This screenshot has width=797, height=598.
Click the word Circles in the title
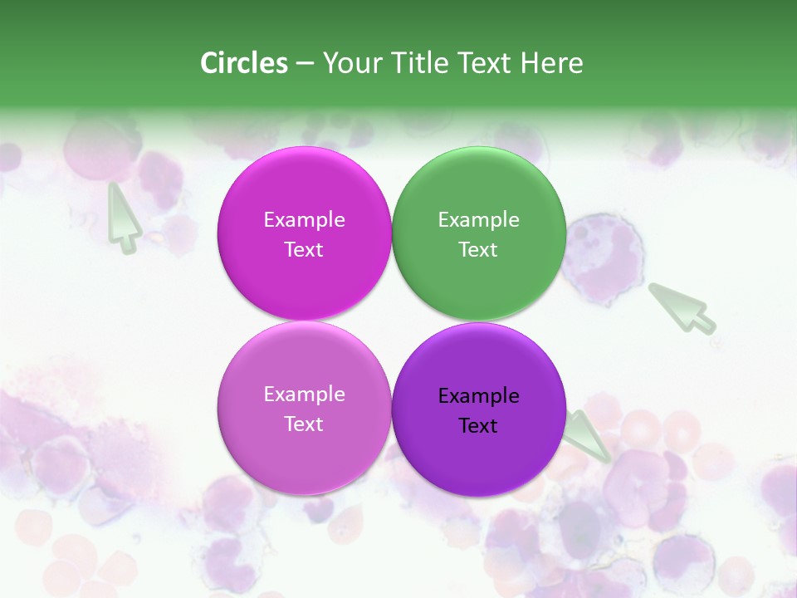244,63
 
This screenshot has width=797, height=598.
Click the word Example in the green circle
478,219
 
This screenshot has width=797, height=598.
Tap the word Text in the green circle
478,249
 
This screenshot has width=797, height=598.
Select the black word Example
478,395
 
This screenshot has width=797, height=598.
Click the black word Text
478,425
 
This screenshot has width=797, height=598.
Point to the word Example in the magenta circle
304,219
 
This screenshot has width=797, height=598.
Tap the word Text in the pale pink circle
304,424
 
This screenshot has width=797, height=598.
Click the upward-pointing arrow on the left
122,218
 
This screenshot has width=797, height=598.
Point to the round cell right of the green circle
603,257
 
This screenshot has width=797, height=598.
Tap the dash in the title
305,63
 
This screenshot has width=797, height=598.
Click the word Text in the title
487,63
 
